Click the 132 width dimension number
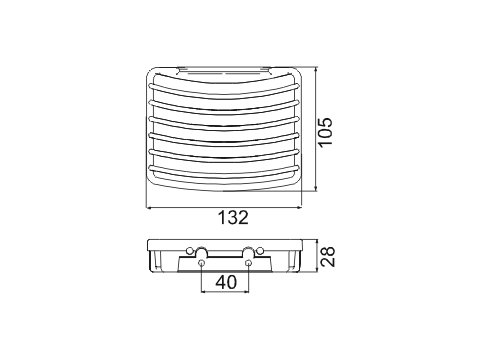(233, 218)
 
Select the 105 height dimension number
(325, 131)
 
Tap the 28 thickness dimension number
(327, 256)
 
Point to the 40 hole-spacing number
(226, 282)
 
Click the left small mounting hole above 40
(201, 263)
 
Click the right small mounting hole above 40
(248, 263)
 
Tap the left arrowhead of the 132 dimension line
(149, 208)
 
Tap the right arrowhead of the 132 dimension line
(299, 208)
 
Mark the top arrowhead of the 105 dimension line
(316, 70)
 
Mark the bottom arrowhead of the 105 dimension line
(316, 189)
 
